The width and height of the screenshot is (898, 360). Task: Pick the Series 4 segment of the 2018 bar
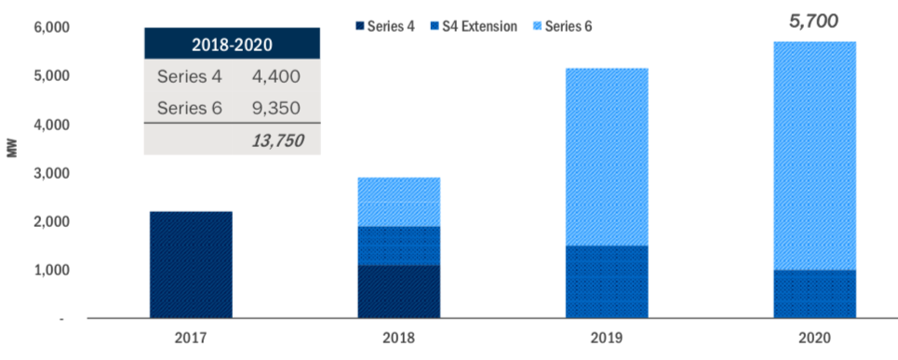399,291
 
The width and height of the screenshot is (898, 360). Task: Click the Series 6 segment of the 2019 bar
607,156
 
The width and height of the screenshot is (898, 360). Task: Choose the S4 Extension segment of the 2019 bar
607,282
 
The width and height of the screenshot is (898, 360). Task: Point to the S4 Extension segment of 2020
814,294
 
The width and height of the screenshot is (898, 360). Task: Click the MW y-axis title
12,173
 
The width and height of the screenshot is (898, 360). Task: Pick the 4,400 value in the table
275,76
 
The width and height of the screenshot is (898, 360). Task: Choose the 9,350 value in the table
275,108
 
